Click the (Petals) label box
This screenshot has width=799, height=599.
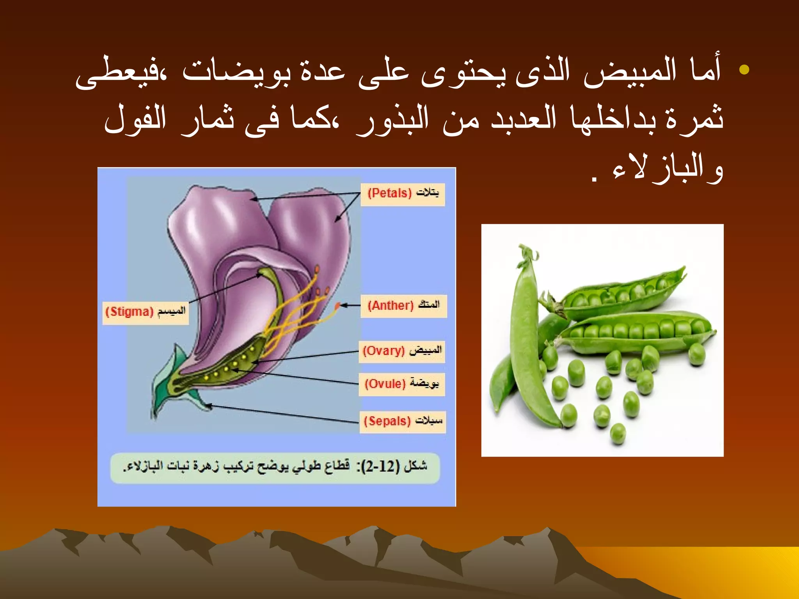[x=403, y=194]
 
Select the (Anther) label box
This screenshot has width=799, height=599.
[x=403, y=305]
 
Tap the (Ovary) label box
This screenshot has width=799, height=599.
[x=402, y=351]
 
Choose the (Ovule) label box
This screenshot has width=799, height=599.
[x=402, y=384]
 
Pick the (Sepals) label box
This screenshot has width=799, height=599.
[x=403, y=421]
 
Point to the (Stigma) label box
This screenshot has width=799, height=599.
[x=146, y=312]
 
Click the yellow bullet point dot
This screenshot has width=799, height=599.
[x=744, y=70]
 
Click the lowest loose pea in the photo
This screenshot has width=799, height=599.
[x=618, y=434]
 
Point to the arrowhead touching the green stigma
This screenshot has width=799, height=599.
[x=260, y=275]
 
